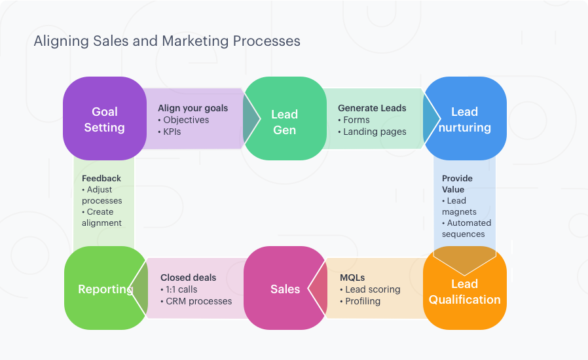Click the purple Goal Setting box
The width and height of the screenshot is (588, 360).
(x=104, y=119)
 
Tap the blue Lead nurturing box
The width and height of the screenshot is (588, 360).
(x=464, y=119)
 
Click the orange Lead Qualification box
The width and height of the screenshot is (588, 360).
(x=464, y=291)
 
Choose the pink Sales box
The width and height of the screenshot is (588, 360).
(x=285, y=289)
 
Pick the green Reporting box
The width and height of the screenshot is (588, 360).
(x=105, y=289)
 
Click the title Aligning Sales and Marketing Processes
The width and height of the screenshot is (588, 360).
(x=167, y=41)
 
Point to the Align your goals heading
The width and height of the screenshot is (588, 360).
(x=193, y=108)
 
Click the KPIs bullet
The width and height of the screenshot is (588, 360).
(x=172, y=132)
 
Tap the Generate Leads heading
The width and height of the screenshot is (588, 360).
(x=372, y=108)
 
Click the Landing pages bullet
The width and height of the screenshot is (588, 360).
(x=375, y=132)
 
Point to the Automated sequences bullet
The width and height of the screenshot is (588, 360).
(x=466, y=228)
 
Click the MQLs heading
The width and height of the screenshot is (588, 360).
(x=352, y=278)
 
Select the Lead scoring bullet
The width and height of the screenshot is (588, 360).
(x=373, y=289)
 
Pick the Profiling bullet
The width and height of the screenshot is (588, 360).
(x=363, y=301)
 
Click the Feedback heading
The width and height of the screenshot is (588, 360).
(x=101, y=178)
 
